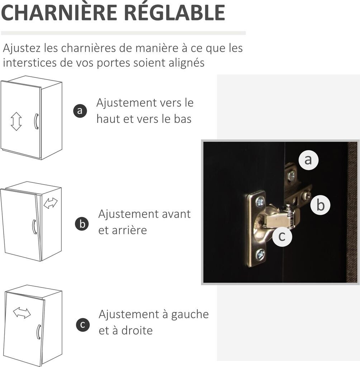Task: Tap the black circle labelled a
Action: pyautogui.click(x=80, y=111)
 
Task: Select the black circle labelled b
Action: pyautogui.click(x=82, y=224)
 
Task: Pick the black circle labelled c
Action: pyautogui.click(x=83, y=325)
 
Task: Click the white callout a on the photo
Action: pyautogui.click(x=308, y=160)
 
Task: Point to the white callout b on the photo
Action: pyautogui.click(x=321, y=205)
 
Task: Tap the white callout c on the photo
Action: pyautogui.click(x=282, y=237)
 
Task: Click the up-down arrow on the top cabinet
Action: pyautogui.click(x=16, y=121)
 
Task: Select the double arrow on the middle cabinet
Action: pyautogui.click(x=51, y=203)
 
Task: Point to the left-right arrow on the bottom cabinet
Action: pyautogui.click(x=22, y=313)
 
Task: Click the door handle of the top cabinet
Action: pyautogui.click(x=36, y=121)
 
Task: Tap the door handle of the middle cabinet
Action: pyautogui.click(x=34, y=227)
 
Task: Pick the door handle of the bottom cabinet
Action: pyautogui.click(x=39, y=332)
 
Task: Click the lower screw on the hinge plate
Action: pyautogui.click(x=260, y=254)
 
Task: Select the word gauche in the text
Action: pyautogui.click(x=190, y=315)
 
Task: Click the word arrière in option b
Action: pyautogui.click(x=129, y=230)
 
